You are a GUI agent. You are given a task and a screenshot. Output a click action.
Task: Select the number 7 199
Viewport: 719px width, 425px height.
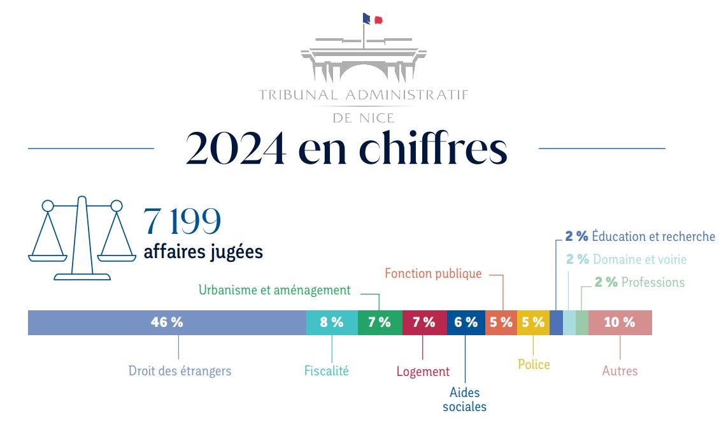pyautogui.click(x=182, y=221)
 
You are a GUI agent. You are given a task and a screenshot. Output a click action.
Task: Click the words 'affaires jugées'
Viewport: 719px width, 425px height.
pyautogui.click(x=203, y=252)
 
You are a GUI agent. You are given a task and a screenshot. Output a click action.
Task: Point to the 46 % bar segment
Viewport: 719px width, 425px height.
pyautogui.click(x=167, y=322)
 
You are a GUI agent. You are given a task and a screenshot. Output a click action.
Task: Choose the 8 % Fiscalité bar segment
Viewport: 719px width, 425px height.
pyautogui.click(x=332, y=322)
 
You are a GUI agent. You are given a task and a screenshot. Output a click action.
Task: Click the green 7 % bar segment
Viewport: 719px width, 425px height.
pyautogui.click(x=380, y=322)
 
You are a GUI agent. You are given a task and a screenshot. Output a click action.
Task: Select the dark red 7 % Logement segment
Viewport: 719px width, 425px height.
pyautogui.click(x=424, y=322)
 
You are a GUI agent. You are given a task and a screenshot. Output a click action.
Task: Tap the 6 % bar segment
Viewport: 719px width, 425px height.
pyautogui.click(x=466, y=322)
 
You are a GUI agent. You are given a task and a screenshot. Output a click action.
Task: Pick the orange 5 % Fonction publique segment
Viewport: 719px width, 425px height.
pyautogui.click(x=501, y=322)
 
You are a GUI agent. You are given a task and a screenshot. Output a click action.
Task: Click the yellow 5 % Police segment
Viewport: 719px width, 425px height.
pyautogui.click(x=533, y=322)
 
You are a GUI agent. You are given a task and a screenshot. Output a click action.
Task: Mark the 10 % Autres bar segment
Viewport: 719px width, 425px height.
pyautogui.click(x=620, y=322)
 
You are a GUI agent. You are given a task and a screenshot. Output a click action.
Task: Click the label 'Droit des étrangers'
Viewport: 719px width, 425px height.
pyautogui.click(x=180, y=371)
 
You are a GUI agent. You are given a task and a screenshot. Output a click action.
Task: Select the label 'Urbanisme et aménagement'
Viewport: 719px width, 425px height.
pyautogui.click(x=274, y=291)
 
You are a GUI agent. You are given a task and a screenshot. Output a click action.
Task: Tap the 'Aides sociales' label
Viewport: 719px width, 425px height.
pyautogui.click(x=464, y=400)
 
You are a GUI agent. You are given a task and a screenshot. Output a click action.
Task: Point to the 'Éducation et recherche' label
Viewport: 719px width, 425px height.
pyautogui.click(x=653, y=236)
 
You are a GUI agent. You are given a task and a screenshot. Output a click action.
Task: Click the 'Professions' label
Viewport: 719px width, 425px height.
pyautogui.click(x=653, y=282)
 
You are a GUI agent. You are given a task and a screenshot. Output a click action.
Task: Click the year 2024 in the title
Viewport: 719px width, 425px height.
pyautogui.click(x=235, y=149)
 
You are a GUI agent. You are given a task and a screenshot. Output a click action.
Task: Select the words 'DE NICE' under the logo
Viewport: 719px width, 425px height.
pyautogui.click(x=364, y=118)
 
